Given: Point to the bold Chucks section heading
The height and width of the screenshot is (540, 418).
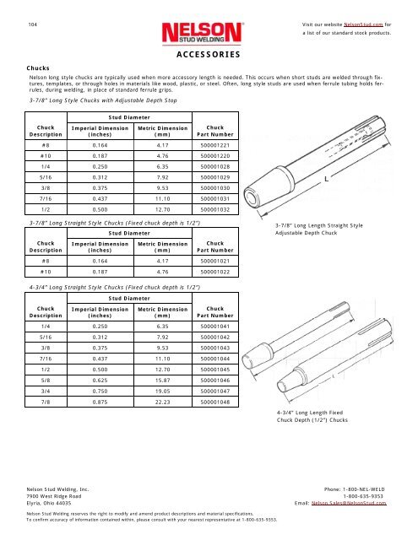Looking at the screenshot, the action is pos(37,67).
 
